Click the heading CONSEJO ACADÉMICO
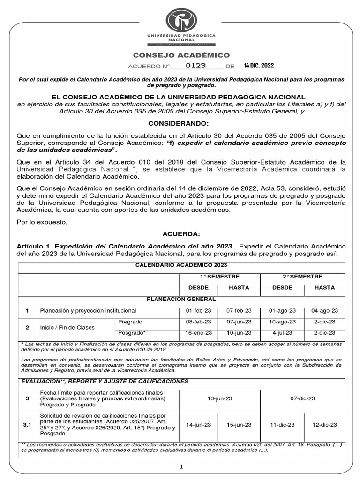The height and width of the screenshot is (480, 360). click(x=181, y=55)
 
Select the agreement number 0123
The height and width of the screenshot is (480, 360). click(x=195, y=66)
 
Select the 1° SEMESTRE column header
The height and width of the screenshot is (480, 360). click(x=220, y=277)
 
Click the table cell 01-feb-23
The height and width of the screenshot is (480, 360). click(x=199, y=310)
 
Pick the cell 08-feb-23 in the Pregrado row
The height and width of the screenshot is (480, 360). click(x=199, y=322)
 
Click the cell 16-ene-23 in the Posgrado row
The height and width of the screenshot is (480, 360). click(x=199, y=333)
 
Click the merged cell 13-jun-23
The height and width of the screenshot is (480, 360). click(x=220, y=398)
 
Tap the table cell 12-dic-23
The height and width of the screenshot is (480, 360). click(x=324, y=425)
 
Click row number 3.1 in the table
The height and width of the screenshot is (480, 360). click(x=27, y=425)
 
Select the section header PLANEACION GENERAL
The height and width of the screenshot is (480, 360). click(x=181, y=299)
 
